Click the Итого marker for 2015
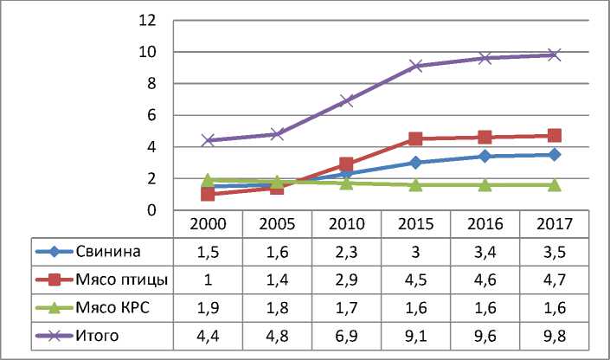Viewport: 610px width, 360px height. coord(415,66)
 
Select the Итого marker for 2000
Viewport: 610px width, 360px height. coord(208,140)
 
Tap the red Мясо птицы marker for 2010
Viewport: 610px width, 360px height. coord(346,164)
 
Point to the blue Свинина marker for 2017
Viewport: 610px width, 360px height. coord(554,155)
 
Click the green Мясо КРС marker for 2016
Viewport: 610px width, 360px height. coord(485,185)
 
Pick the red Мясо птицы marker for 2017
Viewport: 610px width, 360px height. coord(554,136)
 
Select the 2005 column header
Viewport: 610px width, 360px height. coord(277,223)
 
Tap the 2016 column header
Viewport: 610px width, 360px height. coord(485,223)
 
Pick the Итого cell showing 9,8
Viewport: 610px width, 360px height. coord(554,335)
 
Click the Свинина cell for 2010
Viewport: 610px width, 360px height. coord(346,252)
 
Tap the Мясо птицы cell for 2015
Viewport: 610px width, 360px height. coord(415,280)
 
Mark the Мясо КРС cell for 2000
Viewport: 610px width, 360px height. coord(208,307)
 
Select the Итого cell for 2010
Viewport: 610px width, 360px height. coord(346,335)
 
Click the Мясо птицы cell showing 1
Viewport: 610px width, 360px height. coord(208,280)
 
